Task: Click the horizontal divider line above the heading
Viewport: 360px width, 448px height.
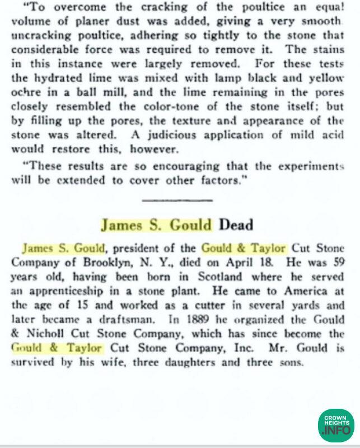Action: point(177,200)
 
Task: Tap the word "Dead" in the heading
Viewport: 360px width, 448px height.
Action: point(236,225)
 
